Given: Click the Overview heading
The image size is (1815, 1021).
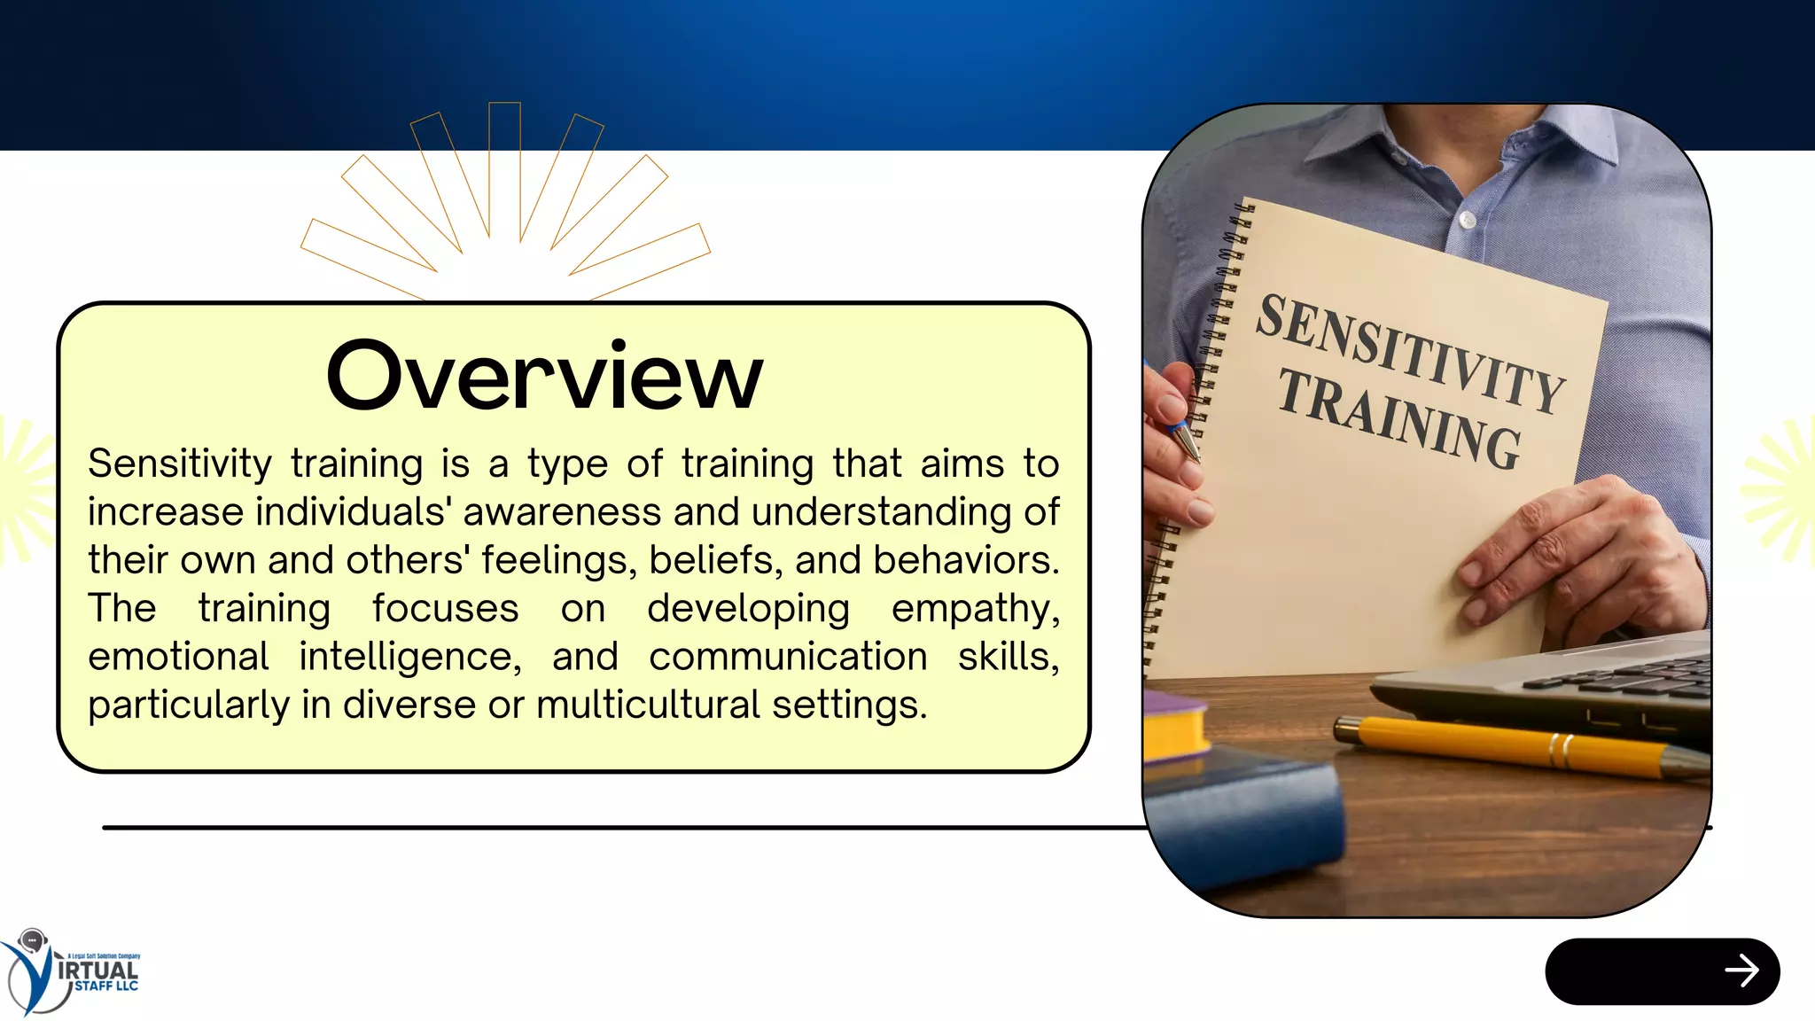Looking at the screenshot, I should (544, 376).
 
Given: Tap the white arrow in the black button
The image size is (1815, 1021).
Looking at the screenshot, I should (1741, 970).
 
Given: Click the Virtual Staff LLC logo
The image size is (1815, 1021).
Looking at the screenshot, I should (71, 972).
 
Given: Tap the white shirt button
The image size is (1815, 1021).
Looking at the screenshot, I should (1468, 219).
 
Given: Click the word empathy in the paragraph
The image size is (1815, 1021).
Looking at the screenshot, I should (975, 609).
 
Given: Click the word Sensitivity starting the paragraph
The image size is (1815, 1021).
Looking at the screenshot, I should (180, 464).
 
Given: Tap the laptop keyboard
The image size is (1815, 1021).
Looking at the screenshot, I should (1622, 678).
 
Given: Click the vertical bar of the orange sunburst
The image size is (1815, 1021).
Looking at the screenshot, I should (504, 168).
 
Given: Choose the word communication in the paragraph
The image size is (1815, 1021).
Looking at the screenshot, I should (788, 658).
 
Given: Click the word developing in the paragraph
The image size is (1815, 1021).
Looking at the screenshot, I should (748, 609).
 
